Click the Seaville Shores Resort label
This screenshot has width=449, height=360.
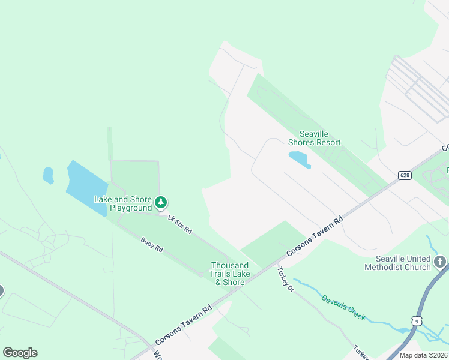(314, 139)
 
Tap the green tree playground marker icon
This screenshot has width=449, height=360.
(161, 203)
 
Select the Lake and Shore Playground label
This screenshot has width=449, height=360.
(123, 203)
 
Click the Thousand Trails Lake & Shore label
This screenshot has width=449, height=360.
(229, 274)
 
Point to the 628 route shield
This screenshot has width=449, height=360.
(404, 175)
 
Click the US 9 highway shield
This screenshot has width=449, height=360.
(416, 321)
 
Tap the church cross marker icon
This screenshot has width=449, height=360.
(441, 262)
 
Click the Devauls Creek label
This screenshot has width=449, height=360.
(343, 307)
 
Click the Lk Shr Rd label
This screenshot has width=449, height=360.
(179, 224)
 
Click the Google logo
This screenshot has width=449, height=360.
(20, 353)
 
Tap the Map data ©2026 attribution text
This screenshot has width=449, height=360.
(424, 355)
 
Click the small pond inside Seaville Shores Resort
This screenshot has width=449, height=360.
(298, 158)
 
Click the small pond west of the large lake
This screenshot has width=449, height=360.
(48, 175)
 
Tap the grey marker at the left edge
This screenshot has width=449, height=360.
(1, 291)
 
